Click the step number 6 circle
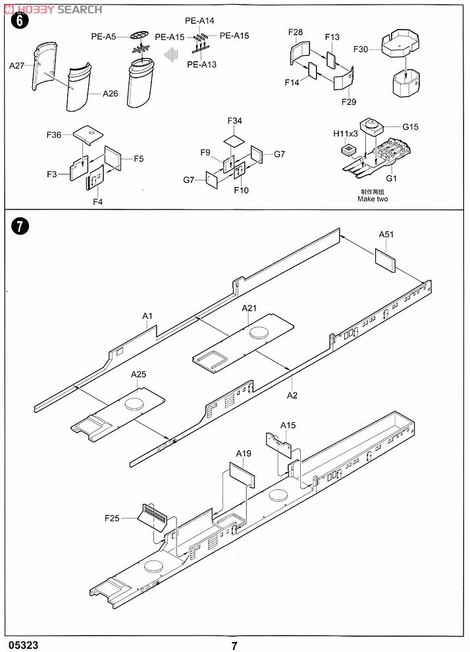[x=20, y=20]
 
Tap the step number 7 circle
[x=21, y=227]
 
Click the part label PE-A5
[x=103, y=37]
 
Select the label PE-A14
[x=199, y=21]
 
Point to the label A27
[x=16, y=65]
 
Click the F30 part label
[x=361, y=49]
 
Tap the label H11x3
[x=346, y=134]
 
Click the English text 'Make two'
[x=373, y=199]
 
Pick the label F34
[x=234, y=121]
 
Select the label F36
[x=54, y=135]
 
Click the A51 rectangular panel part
[x=385, y=261]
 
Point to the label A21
[x=249, y=308]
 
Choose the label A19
[x=244, y=453]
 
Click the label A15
[x=288, y=425]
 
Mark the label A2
[x=292, y=395]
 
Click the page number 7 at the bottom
[x=234, y=645]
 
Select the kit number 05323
[x=23, y=645]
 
